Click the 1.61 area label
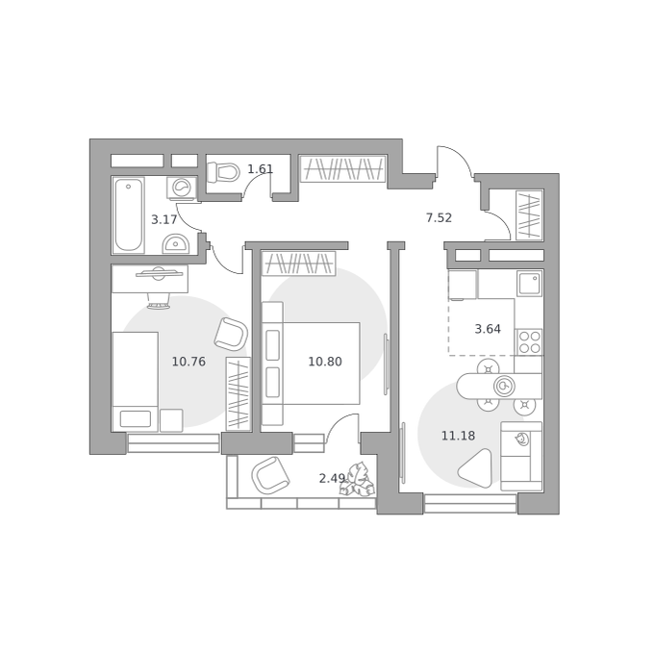coord(261,169)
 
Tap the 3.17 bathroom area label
coord(163,219)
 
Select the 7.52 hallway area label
coord(439,217)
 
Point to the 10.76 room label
coord(189,361)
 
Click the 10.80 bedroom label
coord(325,361)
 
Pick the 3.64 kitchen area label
coord(488,329)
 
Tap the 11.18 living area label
coord(458,436)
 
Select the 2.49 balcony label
coord(332,478)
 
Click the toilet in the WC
coord(223,172)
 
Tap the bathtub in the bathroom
coord(129,214)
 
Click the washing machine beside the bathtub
coord(182,188)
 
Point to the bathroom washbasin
coord(176,243)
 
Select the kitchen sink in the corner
coord(529,283)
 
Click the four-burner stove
coord(529,342)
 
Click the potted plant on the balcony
coord(358,480)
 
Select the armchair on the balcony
coord(270,475)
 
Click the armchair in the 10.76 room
coord(231,334)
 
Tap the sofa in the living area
coord(521,456)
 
